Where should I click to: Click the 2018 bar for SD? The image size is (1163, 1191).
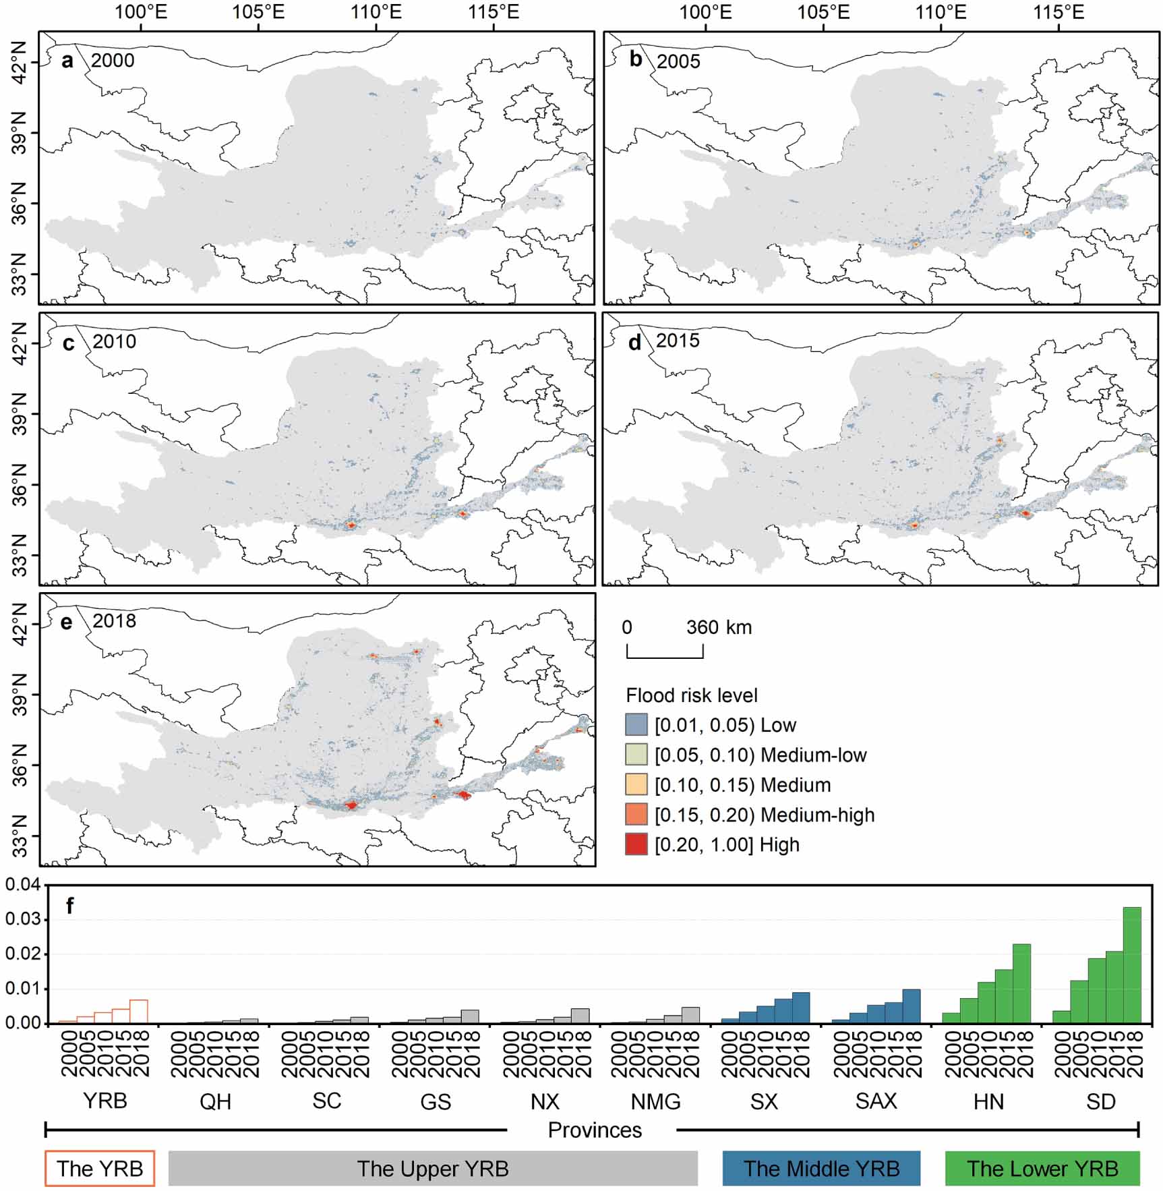tap(1132, 965)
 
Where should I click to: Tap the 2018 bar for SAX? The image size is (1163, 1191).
tap(911, 1006)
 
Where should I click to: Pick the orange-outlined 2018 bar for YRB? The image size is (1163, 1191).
tap(138, 1012)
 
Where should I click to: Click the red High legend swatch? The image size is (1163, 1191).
tap(636, 844)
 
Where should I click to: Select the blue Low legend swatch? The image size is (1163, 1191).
tap(636, 725)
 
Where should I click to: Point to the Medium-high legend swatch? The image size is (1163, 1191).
tap(636, 815)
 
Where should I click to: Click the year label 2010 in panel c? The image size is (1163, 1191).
tap(114, 341)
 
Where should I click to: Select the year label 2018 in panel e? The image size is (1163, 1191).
tap(114, 620)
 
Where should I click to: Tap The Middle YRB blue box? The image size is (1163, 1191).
tap(821, 1168)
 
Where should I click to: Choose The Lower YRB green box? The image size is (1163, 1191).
tap(1042, 1168)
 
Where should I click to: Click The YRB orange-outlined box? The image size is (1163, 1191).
tap(100, 1168)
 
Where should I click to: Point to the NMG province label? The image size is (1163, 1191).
tap(655, 1101)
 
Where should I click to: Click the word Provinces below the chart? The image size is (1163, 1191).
tap(595, 1130)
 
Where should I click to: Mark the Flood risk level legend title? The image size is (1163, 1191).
tap(692, 695)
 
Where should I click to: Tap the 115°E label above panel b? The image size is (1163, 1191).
tap(1058, 11)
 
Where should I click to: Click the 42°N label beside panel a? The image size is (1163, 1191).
tap(19, 63)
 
